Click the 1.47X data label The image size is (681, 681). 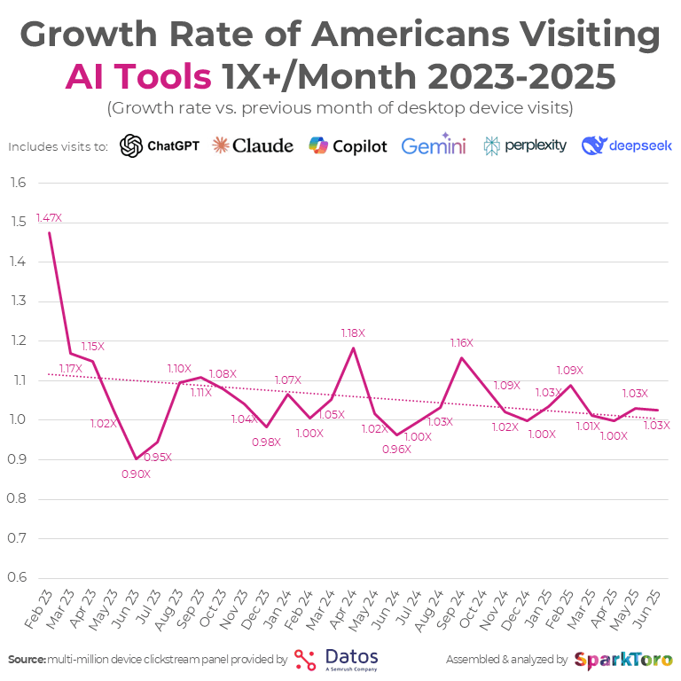click(x=49, y=217)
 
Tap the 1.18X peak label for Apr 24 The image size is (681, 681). click(x=353, y=333)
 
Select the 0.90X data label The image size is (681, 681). click(x=136, y=474)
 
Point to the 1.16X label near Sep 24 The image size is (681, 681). click(x=461, y=342)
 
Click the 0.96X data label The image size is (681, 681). click(x=396, y=449)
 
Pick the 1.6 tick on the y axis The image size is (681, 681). click(x=18, y=184)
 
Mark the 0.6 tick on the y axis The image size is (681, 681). click(x=18, y=577)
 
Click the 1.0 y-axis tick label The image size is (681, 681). click(x=18, y=419)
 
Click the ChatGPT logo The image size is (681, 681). click(x=160, y=145)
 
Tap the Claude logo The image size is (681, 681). click(x=253, y=145)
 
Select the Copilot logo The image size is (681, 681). click(x=348, y=145)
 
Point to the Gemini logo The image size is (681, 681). click(x=434, y=145)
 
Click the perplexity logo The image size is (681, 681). click(x=525, y=145)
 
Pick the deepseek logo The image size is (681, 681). click(x=626, y=145)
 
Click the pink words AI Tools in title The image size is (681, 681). click(x=138, y=77)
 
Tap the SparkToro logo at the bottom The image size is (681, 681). click(x=623, y=660)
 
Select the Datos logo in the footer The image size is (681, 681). click(x=336, y=660)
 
